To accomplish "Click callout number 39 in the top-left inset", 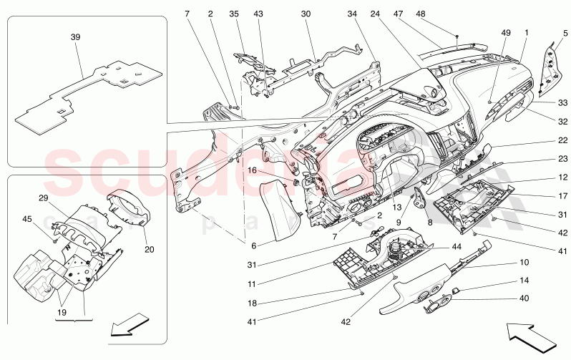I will pos(75,37).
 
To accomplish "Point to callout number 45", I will pos(28,219).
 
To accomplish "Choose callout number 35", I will pos(233,14).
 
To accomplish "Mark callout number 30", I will pos(306,14).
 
